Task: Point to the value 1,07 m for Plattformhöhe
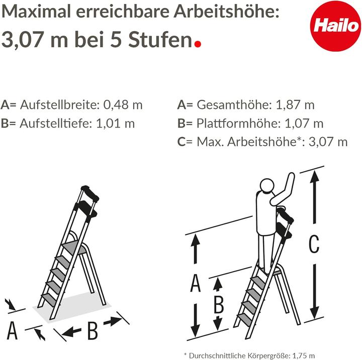304,123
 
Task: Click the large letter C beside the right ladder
313,245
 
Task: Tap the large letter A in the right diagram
196,284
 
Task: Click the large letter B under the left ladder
93,331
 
